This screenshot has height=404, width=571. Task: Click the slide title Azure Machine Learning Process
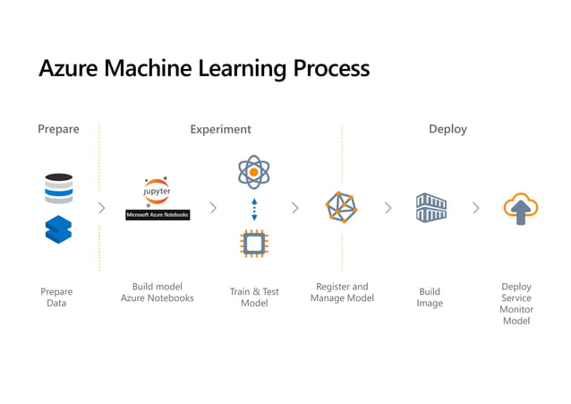point(204,68)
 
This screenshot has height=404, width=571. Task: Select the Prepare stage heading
point(58,129)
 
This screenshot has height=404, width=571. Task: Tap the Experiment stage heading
point(220,129)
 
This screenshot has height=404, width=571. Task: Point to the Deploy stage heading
point(447,129)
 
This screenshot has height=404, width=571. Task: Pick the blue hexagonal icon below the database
point(58,230)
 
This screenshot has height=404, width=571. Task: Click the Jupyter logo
point(158,193)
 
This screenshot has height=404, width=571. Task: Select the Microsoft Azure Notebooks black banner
point(158,215)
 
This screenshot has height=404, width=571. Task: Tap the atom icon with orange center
point(254,171)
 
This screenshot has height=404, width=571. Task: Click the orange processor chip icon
point(254,243)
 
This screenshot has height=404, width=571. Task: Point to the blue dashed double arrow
point(254,209)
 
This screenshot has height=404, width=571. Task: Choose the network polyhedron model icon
point(341,208)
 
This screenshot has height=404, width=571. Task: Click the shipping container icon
point(430,208)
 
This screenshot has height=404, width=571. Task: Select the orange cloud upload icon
point(520,209)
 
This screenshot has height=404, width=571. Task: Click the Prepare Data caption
point(56,297)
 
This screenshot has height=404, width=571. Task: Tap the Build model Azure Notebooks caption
point(158,292)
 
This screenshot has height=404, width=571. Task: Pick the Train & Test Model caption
point(254,297)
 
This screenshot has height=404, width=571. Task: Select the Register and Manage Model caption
point(342,292)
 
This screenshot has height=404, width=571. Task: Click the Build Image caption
point(430,297)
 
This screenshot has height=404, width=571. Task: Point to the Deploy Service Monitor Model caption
point(516,304)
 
